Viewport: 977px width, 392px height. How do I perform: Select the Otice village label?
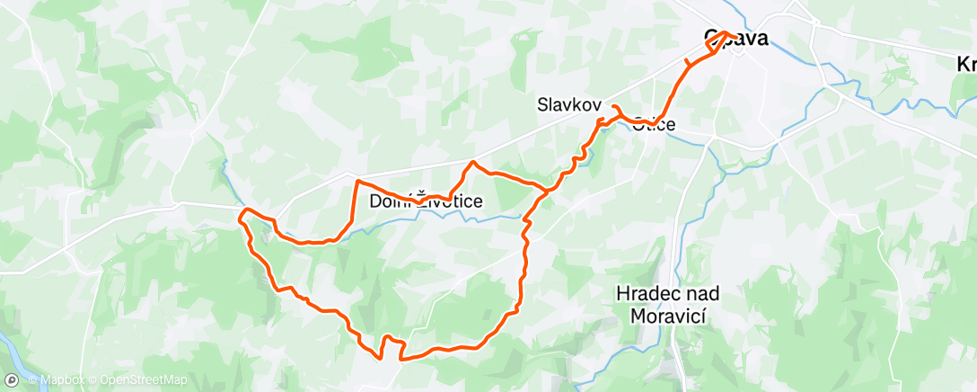click(x=653, y=124)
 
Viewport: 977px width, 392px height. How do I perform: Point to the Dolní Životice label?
click(x=427, y=202)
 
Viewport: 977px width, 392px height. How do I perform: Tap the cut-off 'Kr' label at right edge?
click(x=966, y=64)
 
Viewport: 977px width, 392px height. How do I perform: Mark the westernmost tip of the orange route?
click(x=240, y=216)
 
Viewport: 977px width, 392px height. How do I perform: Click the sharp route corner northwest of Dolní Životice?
click(x=359, y=182)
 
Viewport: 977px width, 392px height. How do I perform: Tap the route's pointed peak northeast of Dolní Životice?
click(x=472, y=163)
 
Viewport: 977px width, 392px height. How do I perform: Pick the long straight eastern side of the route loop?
click(x=522, y=270)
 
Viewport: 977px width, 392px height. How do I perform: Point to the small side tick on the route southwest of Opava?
click(x=688, y=63)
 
